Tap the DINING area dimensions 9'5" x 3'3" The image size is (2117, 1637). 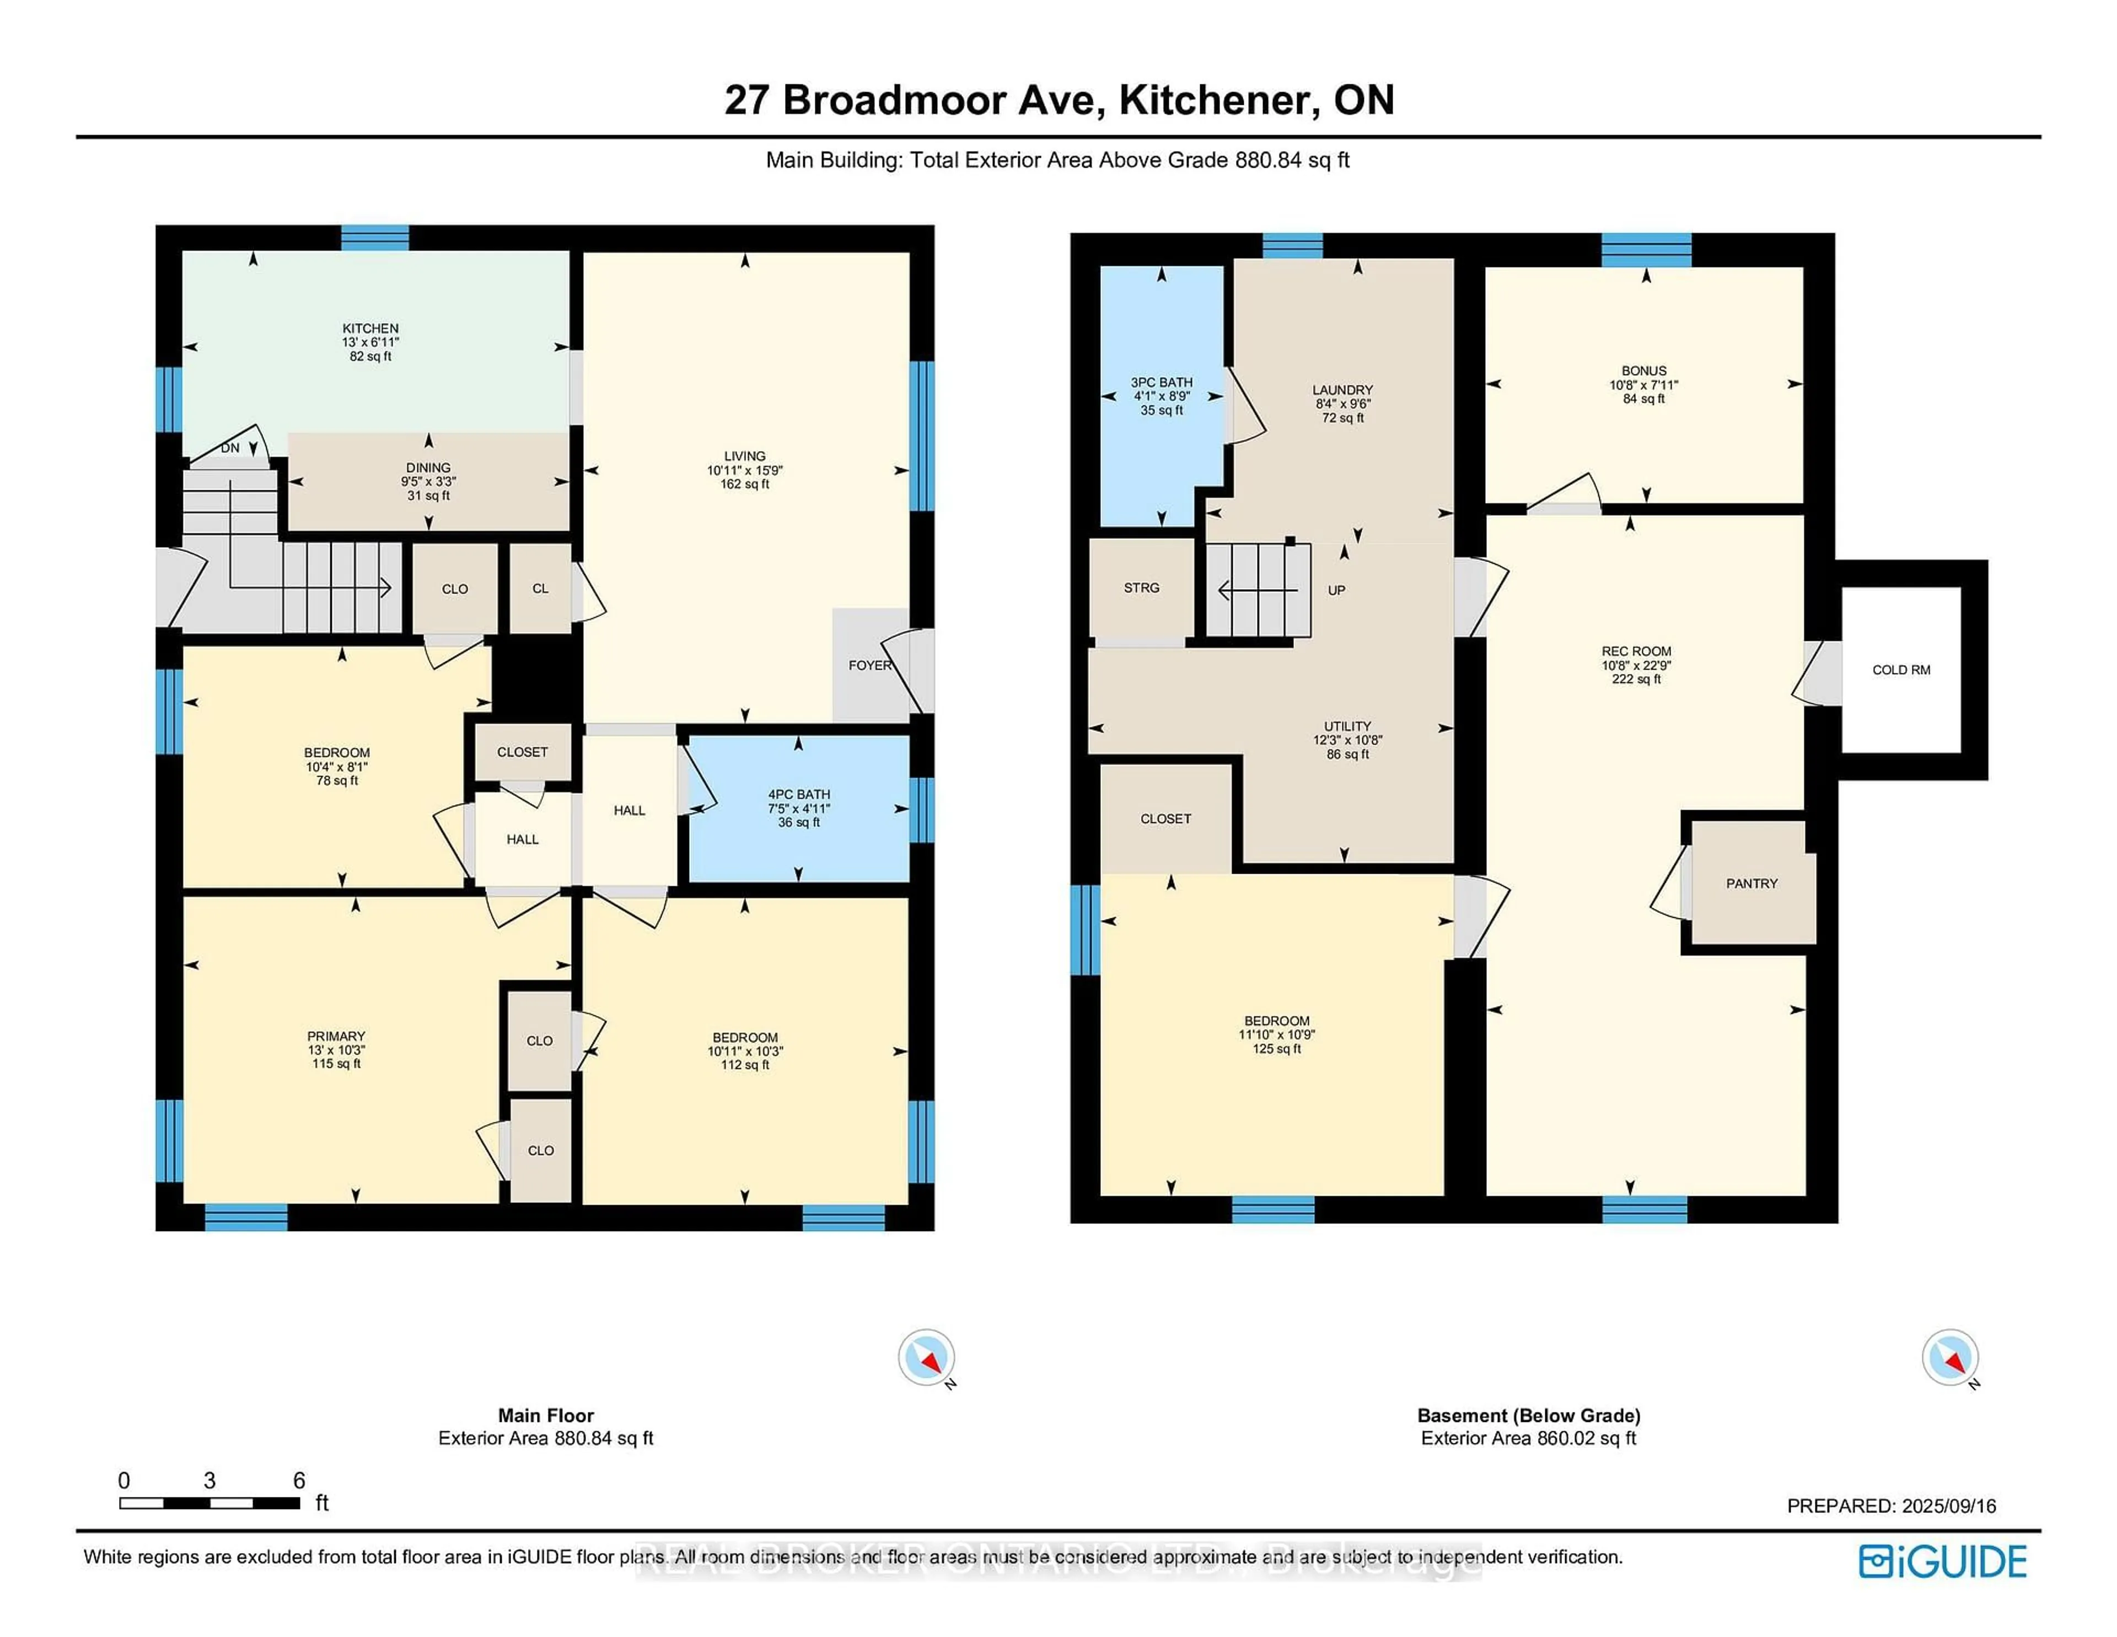pyautogui.click(x=428, y=481)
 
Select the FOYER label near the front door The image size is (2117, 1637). pyautogui.click(x=868, y=665)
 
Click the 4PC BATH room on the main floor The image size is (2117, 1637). pyautogui.click(x=799, y=807)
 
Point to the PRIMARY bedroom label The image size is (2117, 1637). pyautogui.click(x=336, y=1036)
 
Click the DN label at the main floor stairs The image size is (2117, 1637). pyautogui.click(x=230, y=448)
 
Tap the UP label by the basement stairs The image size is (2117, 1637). pyautogui.click(x=1336, y=590)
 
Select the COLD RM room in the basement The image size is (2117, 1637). pyautogui.click(x=1901, y=669)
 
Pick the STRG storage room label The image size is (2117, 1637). pyautogui.click(x=1141, y=588)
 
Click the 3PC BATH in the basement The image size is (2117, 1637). pyautogui.click(x=1161, y=395)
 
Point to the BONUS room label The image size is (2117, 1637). pyautogui.click(x=1644, y=371)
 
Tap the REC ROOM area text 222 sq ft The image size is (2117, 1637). pyautogui.click(x=1636, y=679)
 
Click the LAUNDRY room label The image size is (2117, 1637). pyautogui.click(x=1342, y=390)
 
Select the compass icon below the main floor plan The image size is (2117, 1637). pyautogui.click(x=926, y=1357)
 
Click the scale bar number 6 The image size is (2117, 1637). pyautogui.click(x=299, y=1480)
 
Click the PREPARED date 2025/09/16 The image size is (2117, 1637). pyautogui.click(x=1948, y=1505)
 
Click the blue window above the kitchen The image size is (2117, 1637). pyautogui.click(x=375, y=238)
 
